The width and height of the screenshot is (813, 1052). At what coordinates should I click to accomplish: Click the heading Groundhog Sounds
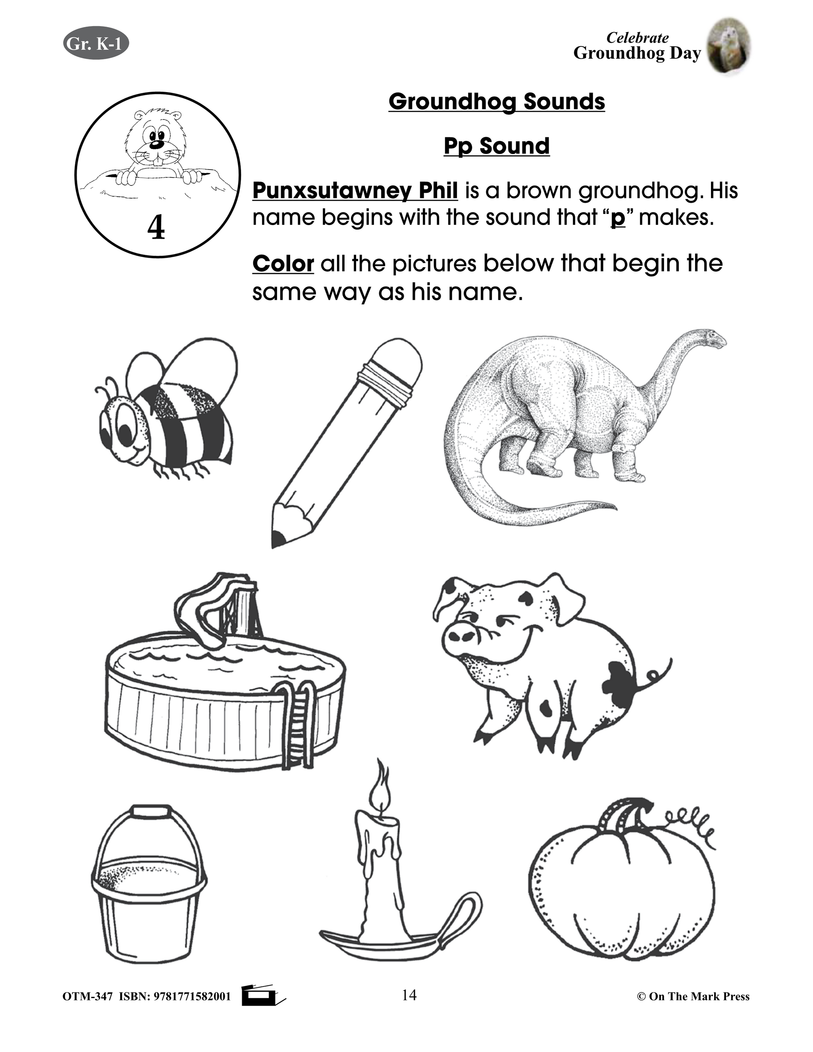click(496, 102)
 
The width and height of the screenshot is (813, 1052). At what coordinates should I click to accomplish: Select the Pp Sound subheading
click(496, 146)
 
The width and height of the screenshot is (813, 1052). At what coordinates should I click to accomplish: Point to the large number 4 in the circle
click(156, 227)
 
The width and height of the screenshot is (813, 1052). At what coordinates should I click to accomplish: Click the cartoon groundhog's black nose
click(156, 144)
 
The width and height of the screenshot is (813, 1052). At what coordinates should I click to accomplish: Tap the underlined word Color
click(283, 264)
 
